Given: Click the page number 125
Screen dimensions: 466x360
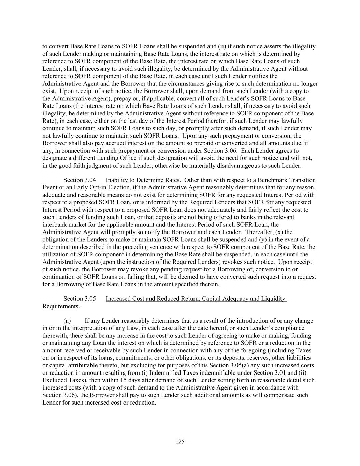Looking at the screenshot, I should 180,442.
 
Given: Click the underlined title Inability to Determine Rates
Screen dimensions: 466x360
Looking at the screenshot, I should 142,180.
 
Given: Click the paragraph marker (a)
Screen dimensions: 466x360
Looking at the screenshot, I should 67,321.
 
